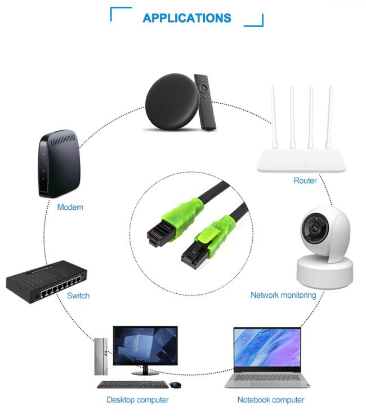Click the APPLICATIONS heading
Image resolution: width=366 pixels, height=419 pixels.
point(186,18)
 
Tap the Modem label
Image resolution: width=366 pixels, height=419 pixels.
point(70,207)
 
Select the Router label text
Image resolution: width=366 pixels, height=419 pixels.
point(305,180)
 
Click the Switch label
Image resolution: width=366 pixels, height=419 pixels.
point(78,295)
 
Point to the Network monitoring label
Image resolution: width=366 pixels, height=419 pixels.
point(283,295)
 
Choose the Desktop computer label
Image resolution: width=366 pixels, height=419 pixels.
point(137,400)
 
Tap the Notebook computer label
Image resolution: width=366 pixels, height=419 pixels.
point(270,400)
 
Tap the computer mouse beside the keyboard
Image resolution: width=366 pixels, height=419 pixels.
point(176,385)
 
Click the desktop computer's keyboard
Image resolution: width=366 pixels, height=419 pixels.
point(132,385)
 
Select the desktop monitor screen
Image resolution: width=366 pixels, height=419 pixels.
point(145,346)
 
